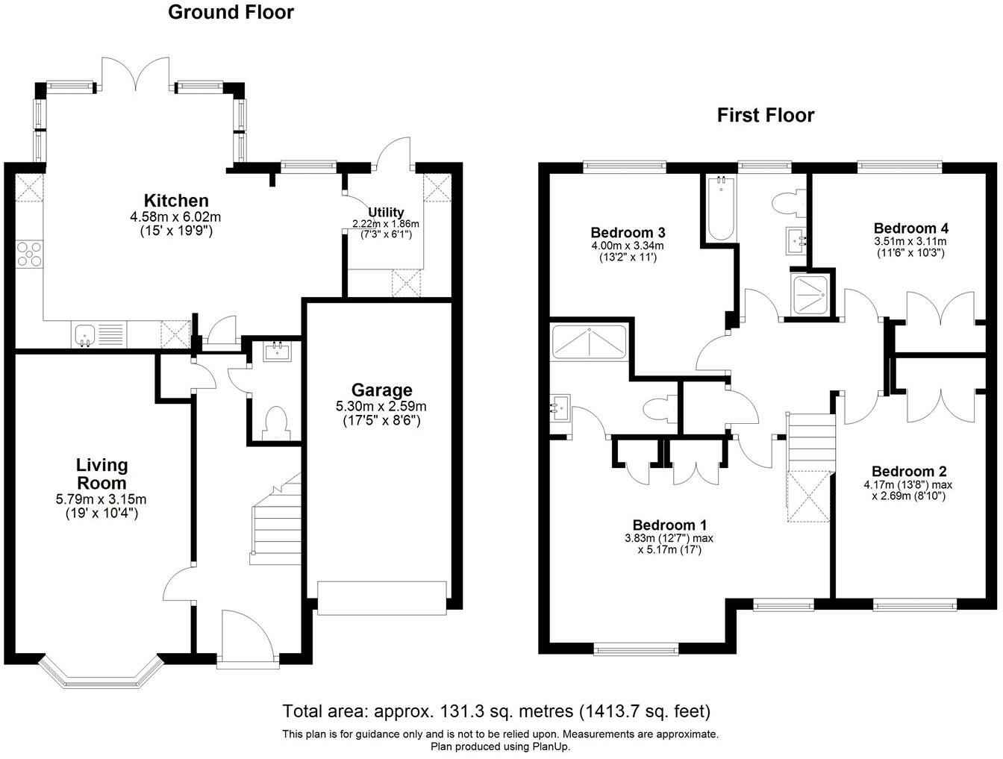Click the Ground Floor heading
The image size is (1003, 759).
(231, 12)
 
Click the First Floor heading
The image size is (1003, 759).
(765, 115)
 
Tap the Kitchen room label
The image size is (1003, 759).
(176, 201)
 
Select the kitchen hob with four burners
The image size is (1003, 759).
(29, 254)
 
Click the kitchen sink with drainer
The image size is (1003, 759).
(100, 334)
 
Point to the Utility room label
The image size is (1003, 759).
(386, 213)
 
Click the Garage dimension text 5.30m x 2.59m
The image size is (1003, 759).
(381, 406)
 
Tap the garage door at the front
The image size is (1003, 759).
(381, 598)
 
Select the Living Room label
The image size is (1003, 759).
(102, 474)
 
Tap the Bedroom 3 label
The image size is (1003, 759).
(627, 232)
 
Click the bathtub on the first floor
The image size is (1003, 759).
(721, 207)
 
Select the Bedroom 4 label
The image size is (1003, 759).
(910, 228)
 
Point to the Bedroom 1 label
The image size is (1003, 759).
(669, 525)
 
